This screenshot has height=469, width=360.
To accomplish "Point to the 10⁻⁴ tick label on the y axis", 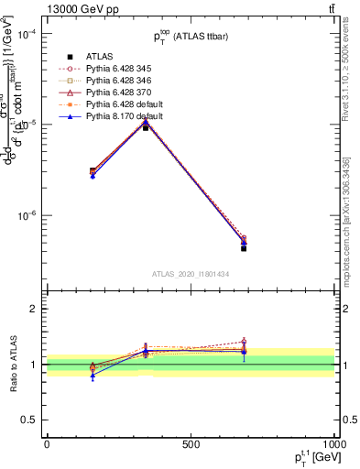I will pos(27,34).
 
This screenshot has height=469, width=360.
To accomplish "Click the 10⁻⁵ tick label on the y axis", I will pos(27,125).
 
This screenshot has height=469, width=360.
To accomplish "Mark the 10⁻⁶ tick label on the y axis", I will pos(27,216).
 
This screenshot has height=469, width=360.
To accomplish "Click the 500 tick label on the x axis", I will pos(191,443).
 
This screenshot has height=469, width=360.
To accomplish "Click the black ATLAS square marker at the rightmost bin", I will pos(244,248).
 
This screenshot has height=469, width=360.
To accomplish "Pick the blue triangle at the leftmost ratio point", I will pos(93,376).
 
